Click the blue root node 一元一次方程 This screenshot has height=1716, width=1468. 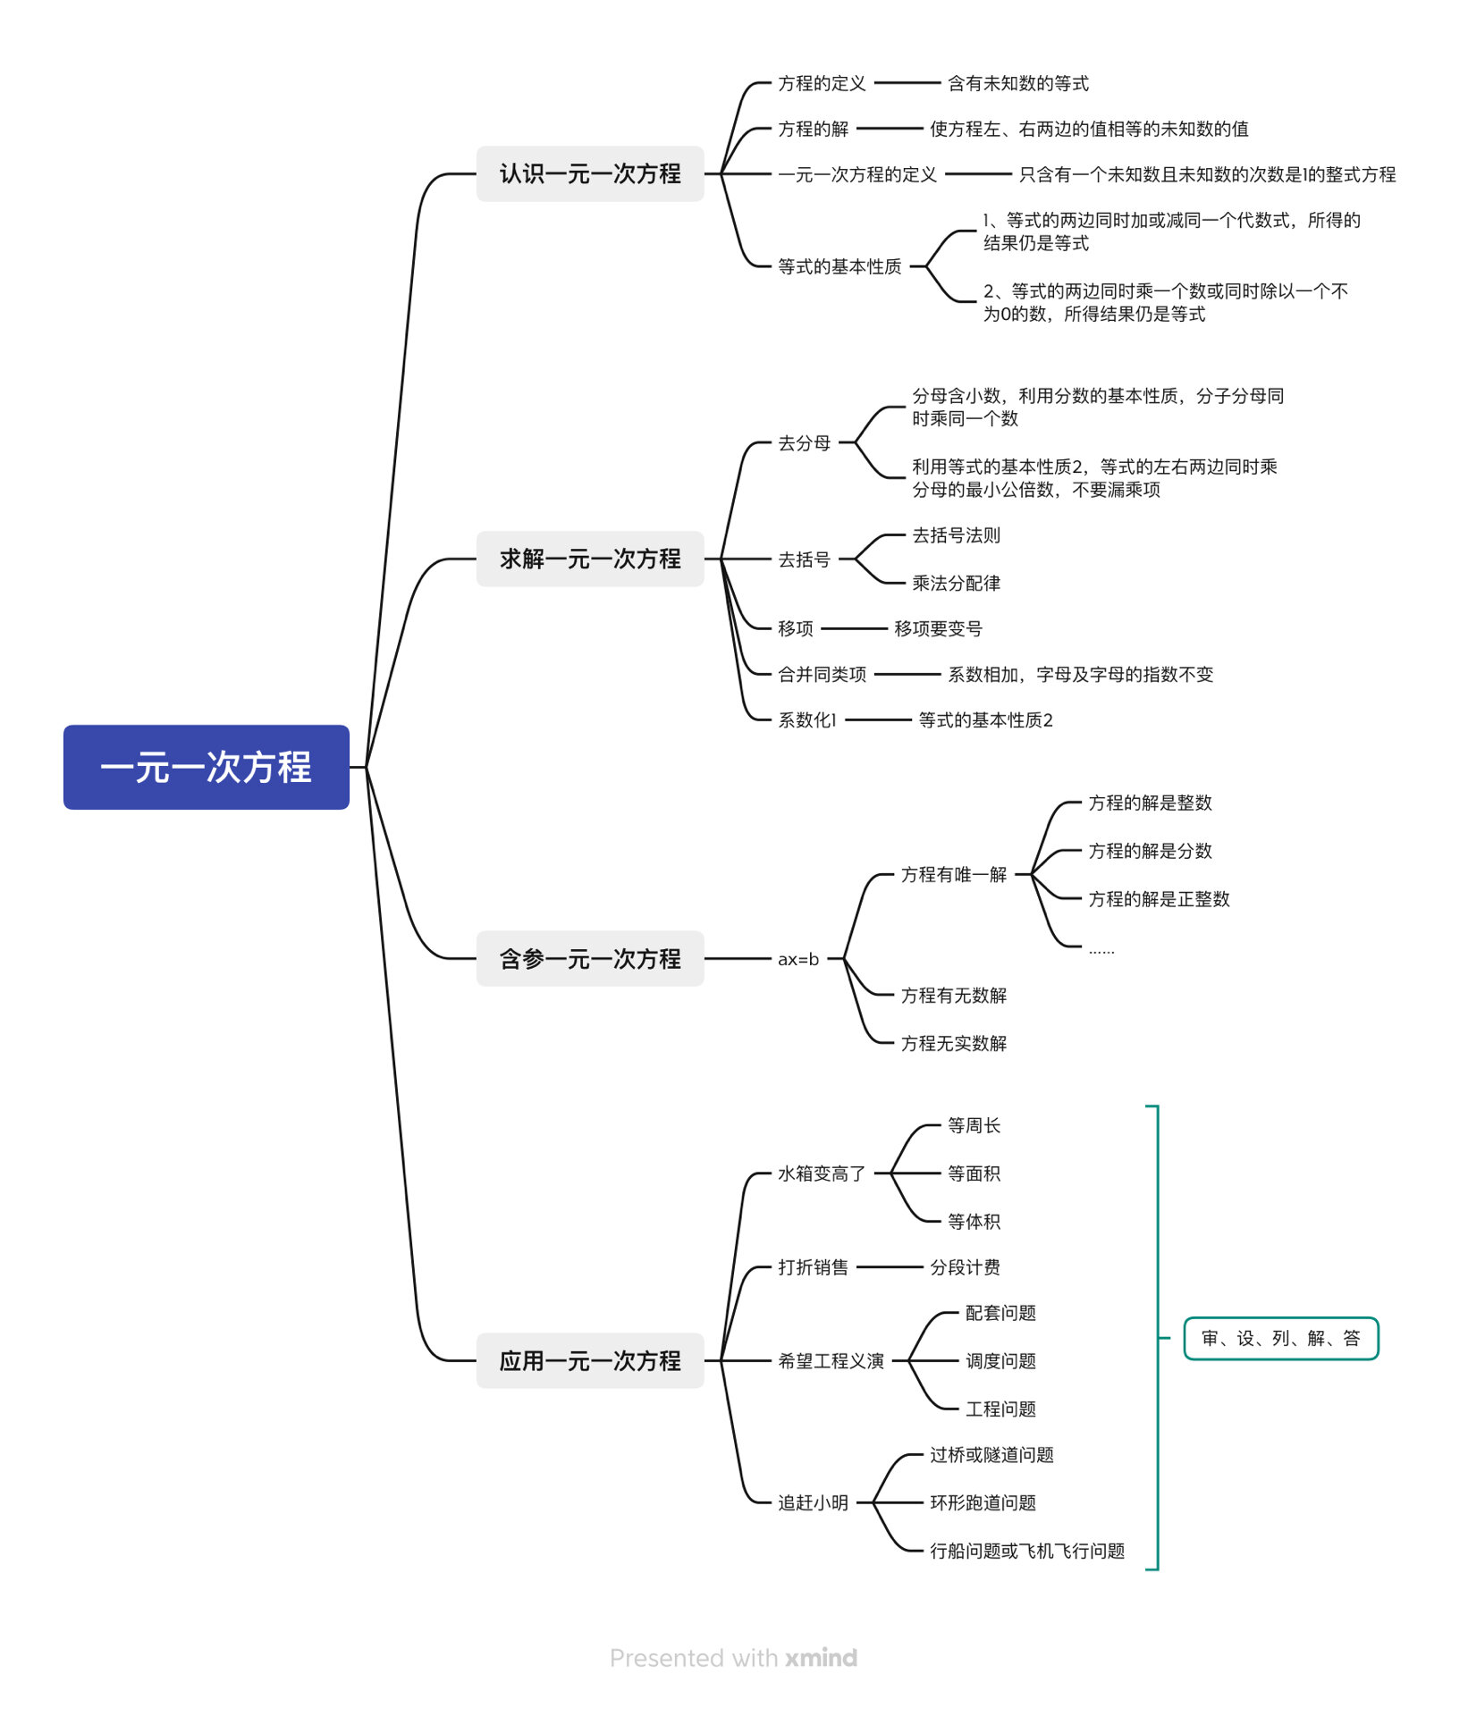click(206, 767)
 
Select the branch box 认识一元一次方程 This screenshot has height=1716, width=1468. click(589, 173)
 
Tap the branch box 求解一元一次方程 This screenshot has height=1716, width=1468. click(589, 559)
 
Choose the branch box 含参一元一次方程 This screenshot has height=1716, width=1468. click(589, 959)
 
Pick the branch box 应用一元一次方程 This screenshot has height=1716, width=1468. click(589, 1360)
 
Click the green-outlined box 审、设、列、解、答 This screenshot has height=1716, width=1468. click(1280, 1338)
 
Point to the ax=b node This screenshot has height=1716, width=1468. click(797, 959)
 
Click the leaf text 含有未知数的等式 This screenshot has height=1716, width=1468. click(1017, 83)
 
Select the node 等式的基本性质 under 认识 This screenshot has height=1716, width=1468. click(839, 266)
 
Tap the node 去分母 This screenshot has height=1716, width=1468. click(804, 442)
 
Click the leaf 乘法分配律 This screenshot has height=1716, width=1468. click(956, 583)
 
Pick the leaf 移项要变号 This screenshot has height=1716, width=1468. click(938, 628)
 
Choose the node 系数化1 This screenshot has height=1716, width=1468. click(806, 719)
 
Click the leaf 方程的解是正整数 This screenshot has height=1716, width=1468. click(1159, 899)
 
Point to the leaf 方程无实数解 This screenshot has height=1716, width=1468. click(953, 1043)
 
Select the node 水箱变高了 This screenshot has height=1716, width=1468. click(821, 1173)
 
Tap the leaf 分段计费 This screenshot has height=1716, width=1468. click(965, 1267)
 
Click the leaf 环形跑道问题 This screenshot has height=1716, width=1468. click(983, 1502)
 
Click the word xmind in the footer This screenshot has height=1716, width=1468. click(821, 1658)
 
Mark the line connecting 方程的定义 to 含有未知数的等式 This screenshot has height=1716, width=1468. click(907, 83)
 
